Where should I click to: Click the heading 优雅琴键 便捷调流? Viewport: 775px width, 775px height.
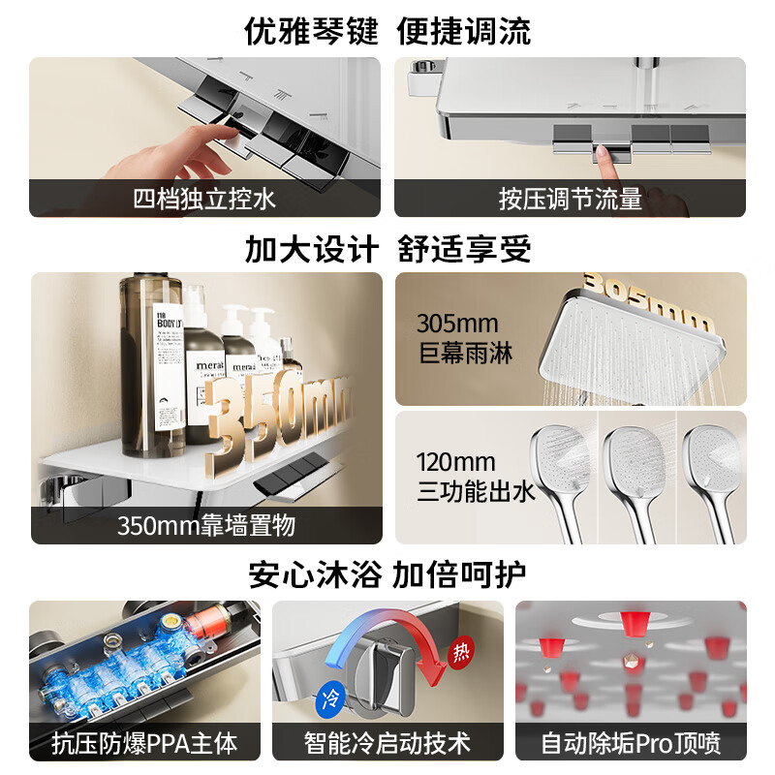click(x=387, y=32)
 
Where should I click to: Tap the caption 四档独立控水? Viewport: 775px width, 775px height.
click(x=204, y=199)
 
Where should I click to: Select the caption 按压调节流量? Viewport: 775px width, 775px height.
click(x=570, y=199)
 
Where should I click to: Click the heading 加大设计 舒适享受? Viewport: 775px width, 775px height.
click(x=388, y=249)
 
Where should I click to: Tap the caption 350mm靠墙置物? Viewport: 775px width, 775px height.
click(x=206, y=525)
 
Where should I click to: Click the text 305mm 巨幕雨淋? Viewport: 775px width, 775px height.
click(x=465, y=338)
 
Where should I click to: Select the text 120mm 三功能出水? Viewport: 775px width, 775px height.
click(x=476, y=477)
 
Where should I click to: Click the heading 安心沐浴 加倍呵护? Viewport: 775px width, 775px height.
click(x=387, y=574)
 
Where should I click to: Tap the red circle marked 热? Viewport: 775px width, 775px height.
click(x=461, y=652)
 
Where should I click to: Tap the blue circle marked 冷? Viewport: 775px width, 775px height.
click(x=330, y=698)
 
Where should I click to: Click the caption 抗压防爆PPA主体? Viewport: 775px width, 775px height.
click(x=144, y=743)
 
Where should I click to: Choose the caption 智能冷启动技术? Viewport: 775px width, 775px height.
click(x=387, y=743)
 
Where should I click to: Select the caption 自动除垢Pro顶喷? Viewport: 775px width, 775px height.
click(x=631, y=743)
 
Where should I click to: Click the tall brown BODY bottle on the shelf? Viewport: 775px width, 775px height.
click(x=152, y=365)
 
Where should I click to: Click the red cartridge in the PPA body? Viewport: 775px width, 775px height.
click(x=207, y=621)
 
